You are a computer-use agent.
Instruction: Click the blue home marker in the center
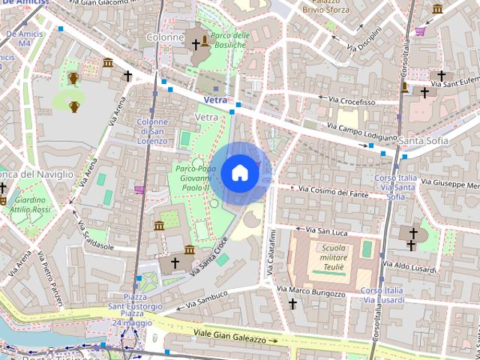[239, 172]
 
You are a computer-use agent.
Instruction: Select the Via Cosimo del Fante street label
[334, 193]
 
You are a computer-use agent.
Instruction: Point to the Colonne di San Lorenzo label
[152, 131]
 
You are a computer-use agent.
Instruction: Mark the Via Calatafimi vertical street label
[273, 255]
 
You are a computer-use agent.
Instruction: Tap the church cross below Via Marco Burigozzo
[292, 304]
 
